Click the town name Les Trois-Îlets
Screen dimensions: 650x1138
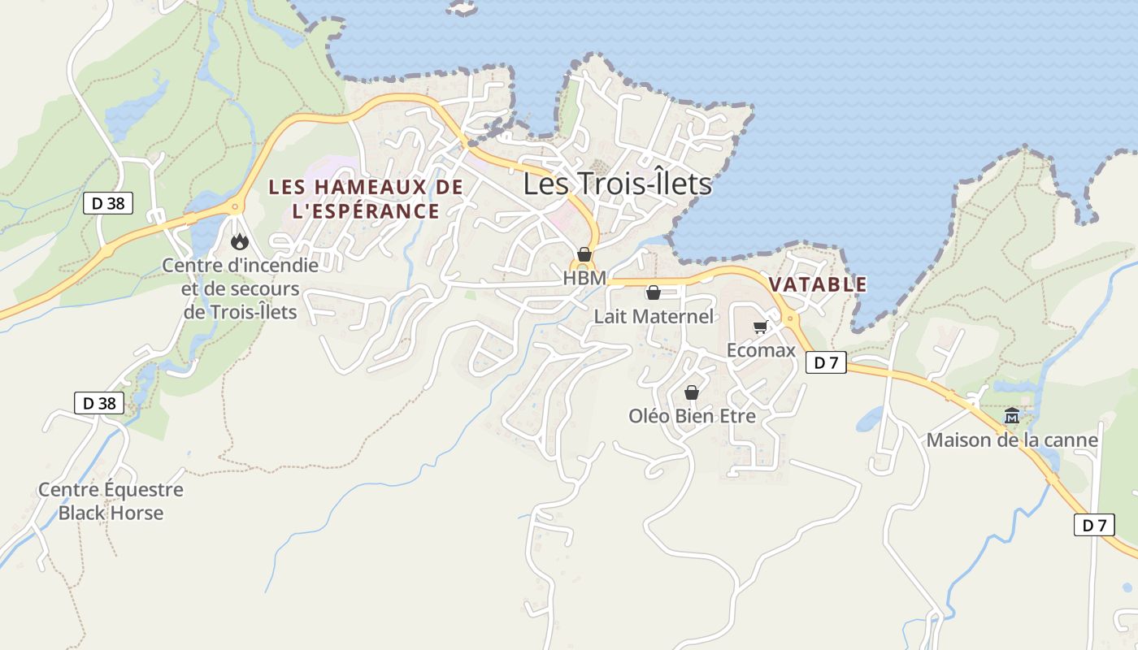(x=617, y=184)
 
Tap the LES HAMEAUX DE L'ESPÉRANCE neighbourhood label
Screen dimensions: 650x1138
(x=366, y=199)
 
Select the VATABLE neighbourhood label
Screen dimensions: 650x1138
(x=818, y=284)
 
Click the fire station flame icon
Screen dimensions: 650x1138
(x=239, y=241)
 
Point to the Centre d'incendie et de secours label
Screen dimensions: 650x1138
(x=241, y=288)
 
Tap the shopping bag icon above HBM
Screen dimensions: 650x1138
(x=584, y=254)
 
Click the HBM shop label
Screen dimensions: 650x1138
(x=584, y=278)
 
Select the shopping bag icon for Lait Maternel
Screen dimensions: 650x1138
(x=653, y=292)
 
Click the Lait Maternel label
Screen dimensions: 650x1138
(x=654, y=316)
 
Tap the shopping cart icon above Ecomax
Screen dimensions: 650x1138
(x=760, y=327)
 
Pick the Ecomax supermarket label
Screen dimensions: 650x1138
(x=761, y=351)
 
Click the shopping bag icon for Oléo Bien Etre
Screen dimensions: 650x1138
(x=692, y=393)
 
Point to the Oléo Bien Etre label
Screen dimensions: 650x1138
(x=692, y=416)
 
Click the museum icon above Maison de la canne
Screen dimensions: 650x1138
(x=1012, y=417)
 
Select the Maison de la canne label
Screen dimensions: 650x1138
(x=1012, y=440)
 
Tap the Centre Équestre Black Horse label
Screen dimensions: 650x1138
(x=111, y=501)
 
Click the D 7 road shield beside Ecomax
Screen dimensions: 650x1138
(x=826, y=362)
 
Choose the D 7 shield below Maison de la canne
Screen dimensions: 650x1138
(x=1094, y=525)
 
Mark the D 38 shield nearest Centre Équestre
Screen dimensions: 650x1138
(x=99, y=403)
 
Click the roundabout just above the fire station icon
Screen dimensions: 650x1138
(x=236, y=206)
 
